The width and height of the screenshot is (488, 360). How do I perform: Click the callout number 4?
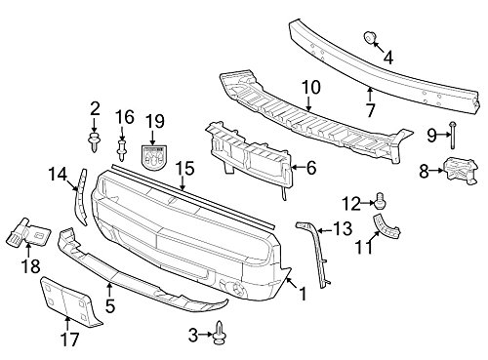[x=389, y=58]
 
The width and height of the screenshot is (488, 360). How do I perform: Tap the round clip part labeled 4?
[x=370, y=38]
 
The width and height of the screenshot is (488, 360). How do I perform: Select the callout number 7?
[x=371, y=94]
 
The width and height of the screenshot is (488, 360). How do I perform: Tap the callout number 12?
[x=351, y=203]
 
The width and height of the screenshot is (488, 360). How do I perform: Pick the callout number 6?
[x=310, y=168]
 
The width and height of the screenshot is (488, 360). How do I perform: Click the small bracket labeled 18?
[x=29, y=232]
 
